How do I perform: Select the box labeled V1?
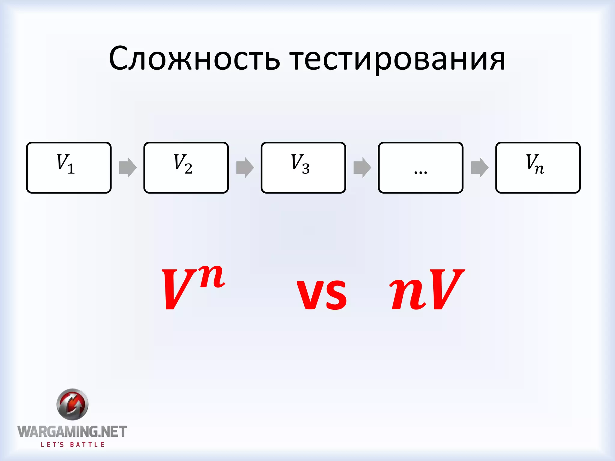pos(69,167)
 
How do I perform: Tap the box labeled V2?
pos(186,167)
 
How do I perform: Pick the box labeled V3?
pos(303,167)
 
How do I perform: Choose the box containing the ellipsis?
pos(420,167)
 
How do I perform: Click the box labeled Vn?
pos(538,167)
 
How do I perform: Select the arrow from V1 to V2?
pos(128,167)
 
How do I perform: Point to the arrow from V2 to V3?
pos(245,167)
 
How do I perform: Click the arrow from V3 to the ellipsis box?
pos(362,167)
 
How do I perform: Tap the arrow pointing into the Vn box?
pos(480,167)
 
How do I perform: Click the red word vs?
pos(322,294)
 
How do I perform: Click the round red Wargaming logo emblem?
pos(72,404)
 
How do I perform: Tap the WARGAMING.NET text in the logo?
pos(72,432)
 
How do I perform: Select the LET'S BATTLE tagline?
pos(72,445)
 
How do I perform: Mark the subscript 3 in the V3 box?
pos(306,170)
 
